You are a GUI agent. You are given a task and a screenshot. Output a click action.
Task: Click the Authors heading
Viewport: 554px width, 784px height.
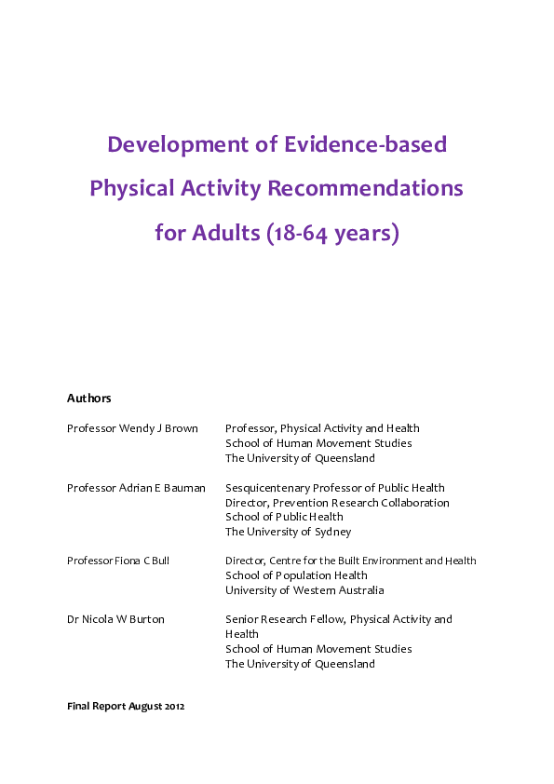[x=88, y=399]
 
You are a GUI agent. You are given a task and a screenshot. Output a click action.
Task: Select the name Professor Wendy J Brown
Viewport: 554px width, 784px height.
[x=132, y=428]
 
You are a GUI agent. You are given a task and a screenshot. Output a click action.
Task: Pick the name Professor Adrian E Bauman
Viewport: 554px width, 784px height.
[x=136, y=488]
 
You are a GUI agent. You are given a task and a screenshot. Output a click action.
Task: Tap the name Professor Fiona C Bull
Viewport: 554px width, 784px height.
[x=118, y=561]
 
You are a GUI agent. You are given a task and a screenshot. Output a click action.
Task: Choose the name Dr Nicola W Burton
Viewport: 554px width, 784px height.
[x=115, y=619]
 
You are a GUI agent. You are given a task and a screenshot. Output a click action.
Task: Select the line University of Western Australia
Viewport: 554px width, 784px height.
[x=304, y=590]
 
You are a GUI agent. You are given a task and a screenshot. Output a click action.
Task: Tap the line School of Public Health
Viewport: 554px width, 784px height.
[x=284, y=517]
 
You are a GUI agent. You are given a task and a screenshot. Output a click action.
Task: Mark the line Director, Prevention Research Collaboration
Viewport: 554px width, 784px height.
[x=337, y=503]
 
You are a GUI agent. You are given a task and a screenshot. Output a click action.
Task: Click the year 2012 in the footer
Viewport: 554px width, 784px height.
[x=175, y=707]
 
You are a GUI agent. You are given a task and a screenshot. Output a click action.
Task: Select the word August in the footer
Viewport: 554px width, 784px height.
[x=147, y=707]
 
